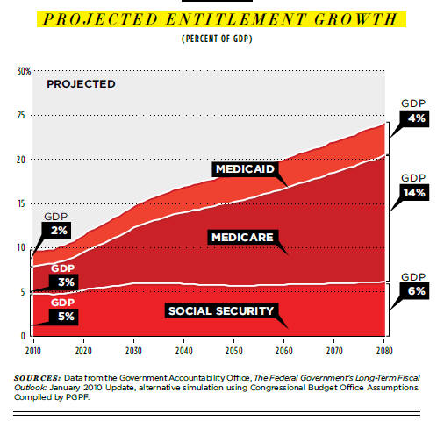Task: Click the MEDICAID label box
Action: coord(245,169)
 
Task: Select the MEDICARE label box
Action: coord(243,237)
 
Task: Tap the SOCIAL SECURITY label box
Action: coord(221,310)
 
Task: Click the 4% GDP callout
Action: coord(414,118)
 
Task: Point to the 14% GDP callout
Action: coord(414,192)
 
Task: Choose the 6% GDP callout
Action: coord(414,290)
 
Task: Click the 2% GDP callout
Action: coord(56,231)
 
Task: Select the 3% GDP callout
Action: coord(64,282)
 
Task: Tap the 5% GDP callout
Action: coord(64,317)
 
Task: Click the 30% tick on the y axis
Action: coord(24,71)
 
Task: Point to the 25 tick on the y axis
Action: coord(21,115)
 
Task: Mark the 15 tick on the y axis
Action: coord(21,203)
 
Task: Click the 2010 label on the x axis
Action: coord(33,351)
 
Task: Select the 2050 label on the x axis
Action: coord(234,351)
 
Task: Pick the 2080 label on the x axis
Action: coord(384,351)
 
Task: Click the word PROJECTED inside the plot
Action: coord(81,84)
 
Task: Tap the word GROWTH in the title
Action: coord(356,19)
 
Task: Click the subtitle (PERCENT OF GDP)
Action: coord(217,39)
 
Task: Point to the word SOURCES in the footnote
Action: coord(37,378)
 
